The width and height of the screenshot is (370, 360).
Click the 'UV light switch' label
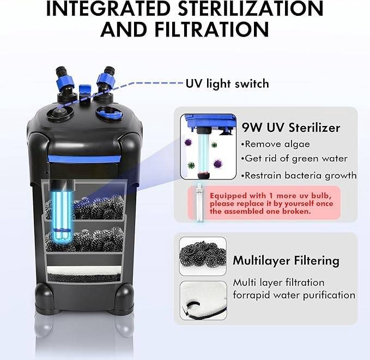(x=227, y=83)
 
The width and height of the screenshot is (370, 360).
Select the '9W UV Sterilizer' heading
(x=291, y=128)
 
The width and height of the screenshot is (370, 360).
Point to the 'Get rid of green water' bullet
(x=294, y=159)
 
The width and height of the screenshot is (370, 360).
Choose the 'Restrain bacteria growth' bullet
(x=299, y=175)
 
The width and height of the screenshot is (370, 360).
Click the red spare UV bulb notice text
(x=268, y=203)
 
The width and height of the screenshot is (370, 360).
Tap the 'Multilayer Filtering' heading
(x=286, y=260)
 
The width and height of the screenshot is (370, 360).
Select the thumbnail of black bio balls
(x=203, y=255)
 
